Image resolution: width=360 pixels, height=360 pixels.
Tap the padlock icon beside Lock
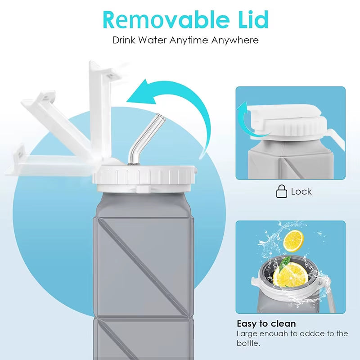click(281, 191)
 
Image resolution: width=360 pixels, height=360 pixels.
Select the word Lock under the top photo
click(301, 192)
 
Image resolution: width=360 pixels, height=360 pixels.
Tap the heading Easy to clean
click(266, 324)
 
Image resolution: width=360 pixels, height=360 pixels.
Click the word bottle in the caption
click(249, 343)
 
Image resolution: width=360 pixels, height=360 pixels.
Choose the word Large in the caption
click(247, 333)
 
